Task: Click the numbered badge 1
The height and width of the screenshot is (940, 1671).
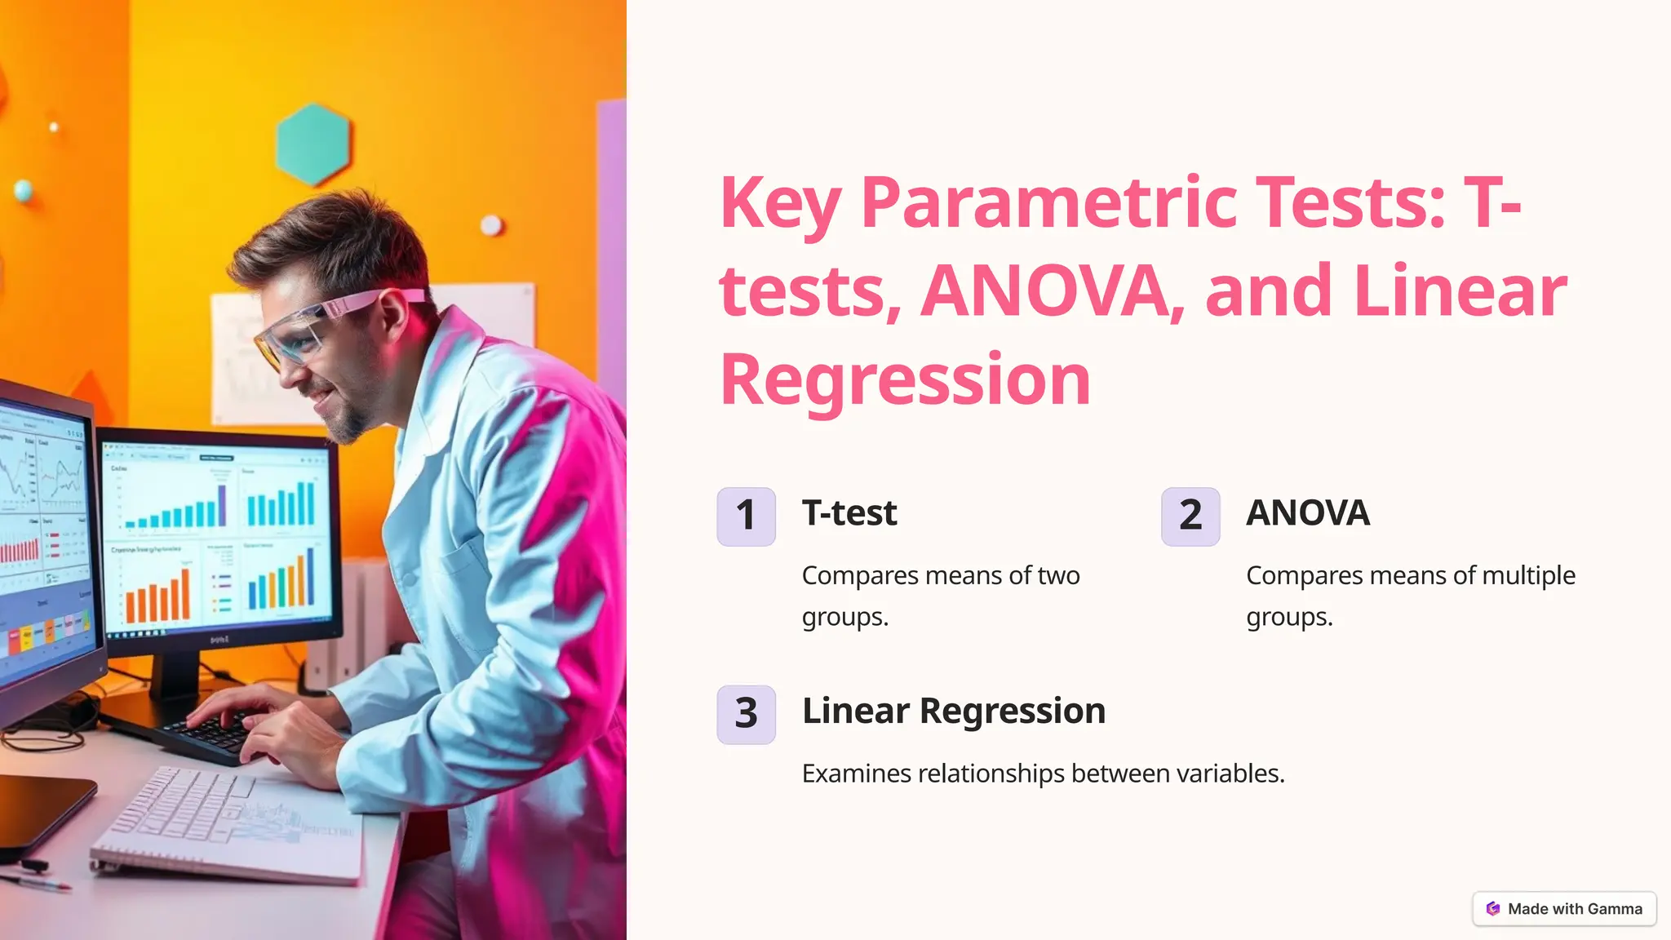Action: (746, 517)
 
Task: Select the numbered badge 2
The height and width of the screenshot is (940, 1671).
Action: (1190, 517)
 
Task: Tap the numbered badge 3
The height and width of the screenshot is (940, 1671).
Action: (746, 714)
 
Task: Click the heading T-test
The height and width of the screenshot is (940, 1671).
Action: (849, 513)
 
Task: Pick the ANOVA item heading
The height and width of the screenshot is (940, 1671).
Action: (1308, 513)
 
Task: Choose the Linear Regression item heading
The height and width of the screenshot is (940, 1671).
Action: (954, 711)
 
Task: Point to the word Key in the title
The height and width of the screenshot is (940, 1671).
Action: (779, 204)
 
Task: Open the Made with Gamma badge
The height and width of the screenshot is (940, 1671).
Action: (1564, 909)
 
